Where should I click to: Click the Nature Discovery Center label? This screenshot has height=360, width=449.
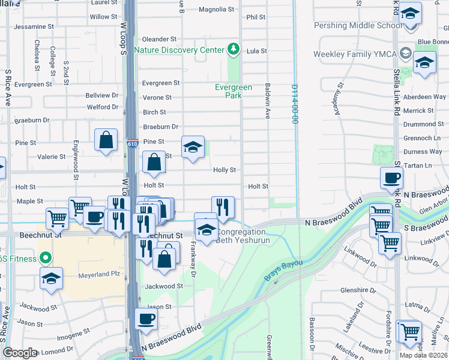179,50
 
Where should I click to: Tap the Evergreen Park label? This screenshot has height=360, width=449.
234,91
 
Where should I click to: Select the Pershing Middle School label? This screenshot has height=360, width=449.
358,26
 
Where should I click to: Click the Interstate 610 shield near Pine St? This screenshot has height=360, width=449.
133,144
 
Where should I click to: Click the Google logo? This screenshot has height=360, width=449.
20,353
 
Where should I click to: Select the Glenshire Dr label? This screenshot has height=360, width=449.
361,290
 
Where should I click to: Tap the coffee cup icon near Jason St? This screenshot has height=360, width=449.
146,319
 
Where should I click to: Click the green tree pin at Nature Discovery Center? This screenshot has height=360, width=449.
234,49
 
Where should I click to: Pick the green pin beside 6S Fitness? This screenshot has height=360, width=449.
44,259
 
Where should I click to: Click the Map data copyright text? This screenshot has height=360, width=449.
424,355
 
